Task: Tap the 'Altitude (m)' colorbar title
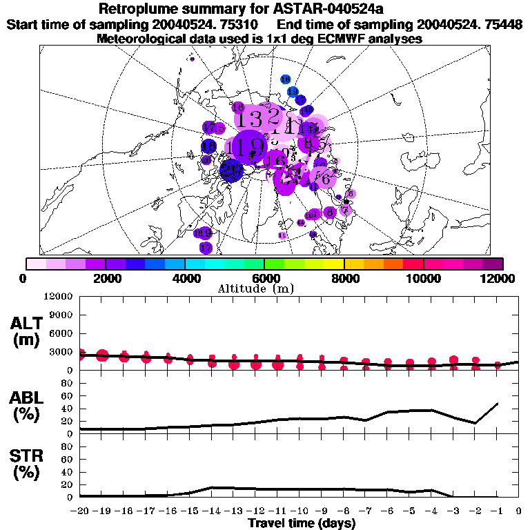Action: click(265, 288)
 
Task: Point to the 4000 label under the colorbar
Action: click(184, 278)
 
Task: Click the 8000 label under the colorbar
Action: click(344, 278)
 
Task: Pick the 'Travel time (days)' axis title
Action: click(302, 524)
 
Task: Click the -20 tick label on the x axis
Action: click(80, 511)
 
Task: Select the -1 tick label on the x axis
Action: click(498, 511)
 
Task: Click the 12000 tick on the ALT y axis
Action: click(59, 297)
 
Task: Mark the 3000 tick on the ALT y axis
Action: click(61, 352)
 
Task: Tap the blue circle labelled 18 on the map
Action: click(285, 80)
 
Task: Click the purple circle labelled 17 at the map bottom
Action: click(205, 247)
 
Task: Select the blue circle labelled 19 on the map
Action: click(293, 91)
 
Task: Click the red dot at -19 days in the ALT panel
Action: click(102, 355)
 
